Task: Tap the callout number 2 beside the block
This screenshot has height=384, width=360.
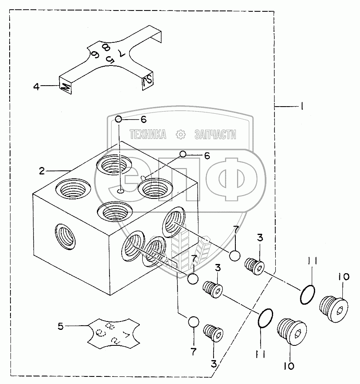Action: click(42, 170)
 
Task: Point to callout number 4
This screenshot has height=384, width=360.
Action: click(37, 87)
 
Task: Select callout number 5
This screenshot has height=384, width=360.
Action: click(61, 326)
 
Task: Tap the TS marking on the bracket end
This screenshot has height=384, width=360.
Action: click(146, 81)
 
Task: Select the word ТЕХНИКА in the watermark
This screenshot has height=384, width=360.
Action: click(148, 134)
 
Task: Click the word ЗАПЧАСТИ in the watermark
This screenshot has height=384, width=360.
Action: click(215, 134)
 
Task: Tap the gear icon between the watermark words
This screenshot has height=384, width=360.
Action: click(181, 134)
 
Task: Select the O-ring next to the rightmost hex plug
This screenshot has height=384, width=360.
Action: click(308, 295)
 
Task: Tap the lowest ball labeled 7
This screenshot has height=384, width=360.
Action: click(193, 322)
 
